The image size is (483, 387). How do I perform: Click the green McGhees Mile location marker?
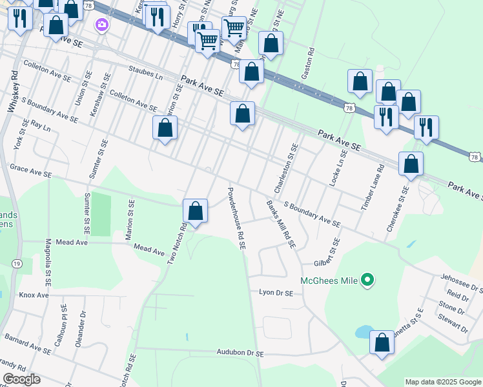[x=367, y=280]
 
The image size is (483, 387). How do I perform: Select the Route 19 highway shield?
[x=17, y=263]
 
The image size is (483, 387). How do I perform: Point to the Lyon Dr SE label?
[x=276, y=292]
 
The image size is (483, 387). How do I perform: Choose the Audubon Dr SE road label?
[x=240, y=353]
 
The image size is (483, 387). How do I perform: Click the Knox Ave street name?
[x=34, y=295]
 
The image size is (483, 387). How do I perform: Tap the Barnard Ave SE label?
[x=28, y=342]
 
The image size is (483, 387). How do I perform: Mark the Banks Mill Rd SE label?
[x=281, y=224]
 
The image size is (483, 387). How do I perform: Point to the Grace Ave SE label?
[x=30, y=170]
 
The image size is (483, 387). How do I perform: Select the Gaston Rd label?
[x=311, y=59]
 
